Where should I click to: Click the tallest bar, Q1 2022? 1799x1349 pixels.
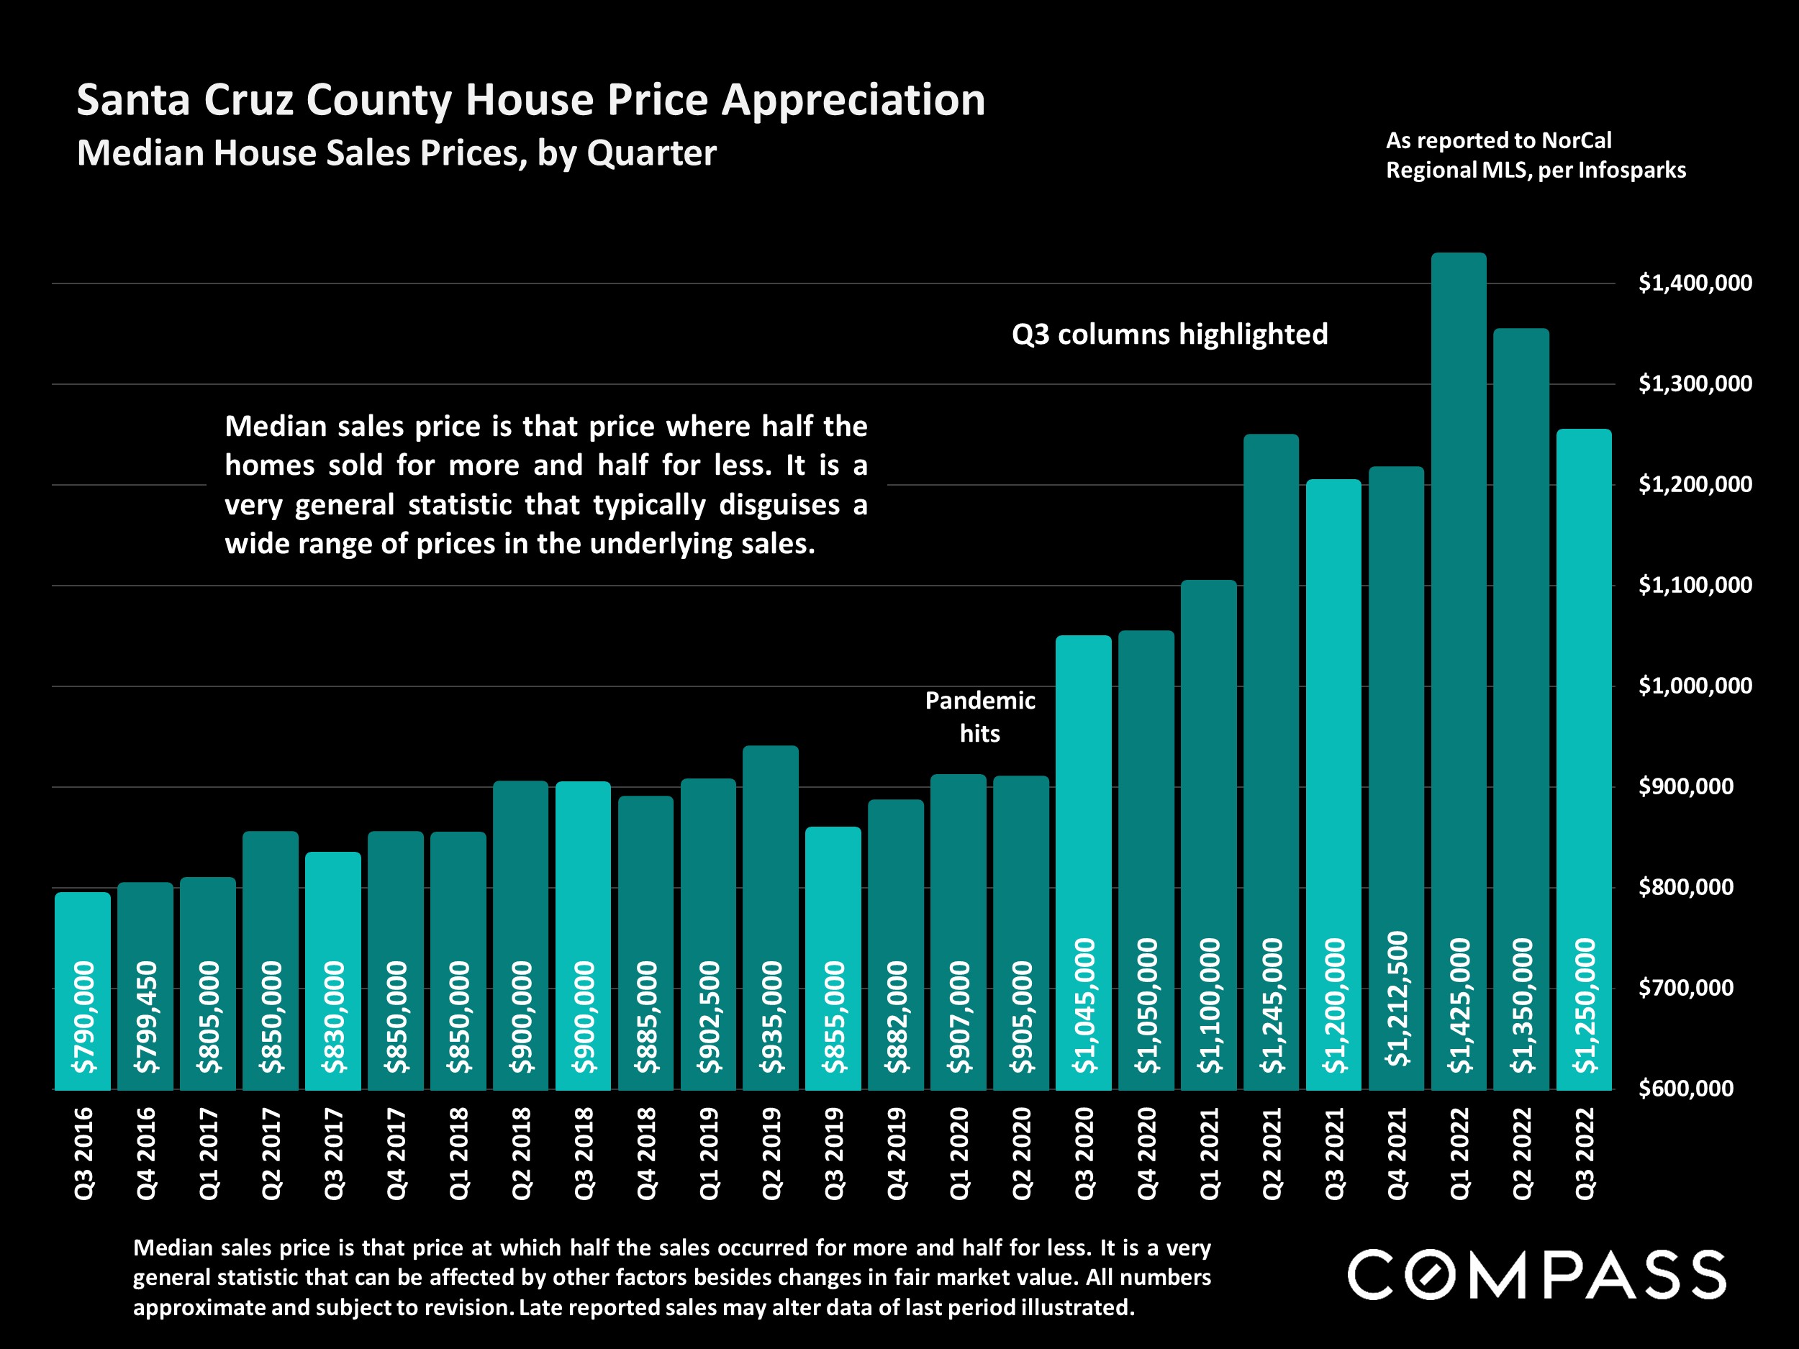click(x=1458, y=569)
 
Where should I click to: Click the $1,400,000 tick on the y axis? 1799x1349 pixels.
click(x=1695, y=283)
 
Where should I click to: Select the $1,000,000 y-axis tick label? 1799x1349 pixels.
click(x=1695, y=686)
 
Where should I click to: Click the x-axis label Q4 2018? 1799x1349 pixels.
click(x=647, y=1153)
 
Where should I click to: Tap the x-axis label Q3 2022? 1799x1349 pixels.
click(x=1585, y=1153)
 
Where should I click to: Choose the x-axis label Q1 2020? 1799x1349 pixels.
click(x=960, y=1153)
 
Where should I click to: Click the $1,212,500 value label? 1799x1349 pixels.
click(x=1397, y=999)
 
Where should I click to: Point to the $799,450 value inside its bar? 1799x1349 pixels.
click(x=146, y=1017)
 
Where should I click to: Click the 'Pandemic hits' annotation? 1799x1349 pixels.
click(x=980, y=717)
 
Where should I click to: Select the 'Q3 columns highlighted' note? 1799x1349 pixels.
click(x=1169, y=335)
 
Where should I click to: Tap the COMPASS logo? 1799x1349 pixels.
click(x=1536, y=1275)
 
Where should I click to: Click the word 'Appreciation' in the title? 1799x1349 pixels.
click(x=853, y=101)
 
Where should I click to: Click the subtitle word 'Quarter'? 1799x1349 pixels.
click(x=651, y=153)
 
